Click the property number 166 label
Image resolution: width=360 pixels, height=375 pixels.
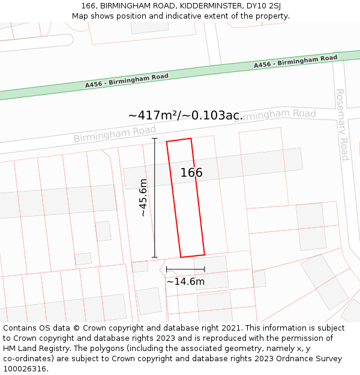coord(191,173)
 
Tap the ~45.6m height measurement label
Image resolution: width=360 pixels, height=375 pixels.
coord(143,197)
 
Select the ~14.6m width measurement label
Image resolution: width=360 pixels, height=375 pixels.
coord(185,281)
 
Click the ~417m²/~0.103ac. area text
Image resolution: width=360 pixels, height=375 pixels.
coord(185,115)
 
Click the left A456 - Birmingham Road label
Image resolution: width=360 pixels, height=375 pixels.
coord(127,80)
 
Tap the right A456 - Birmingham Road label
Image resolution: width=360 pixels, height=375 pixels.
coord(295,61)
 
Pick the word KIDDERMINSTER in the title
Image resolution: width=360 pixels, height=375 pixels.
coord(197,6)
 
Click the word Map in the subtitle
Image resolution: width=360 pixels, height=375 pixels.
coord(80,16)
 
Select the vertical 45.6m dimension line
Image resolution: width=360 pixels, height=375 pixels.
coord(155,198)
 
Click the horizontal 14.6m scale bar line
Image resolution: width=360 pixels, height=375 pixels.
coord(185,269)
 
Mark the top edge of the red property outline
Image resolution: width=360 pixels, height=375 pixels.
coord(179,140)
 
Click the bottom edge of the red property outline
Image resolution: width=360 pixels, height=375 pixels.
coord(193,256)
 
